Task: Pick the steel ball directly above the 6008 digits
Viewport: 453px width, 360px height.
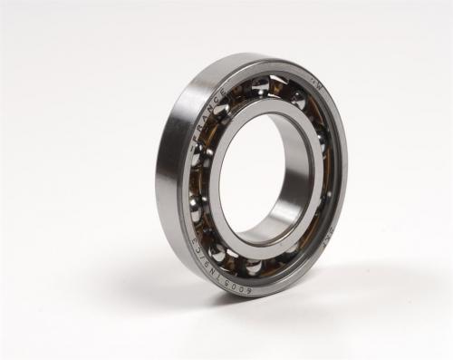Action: [252, 266]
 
